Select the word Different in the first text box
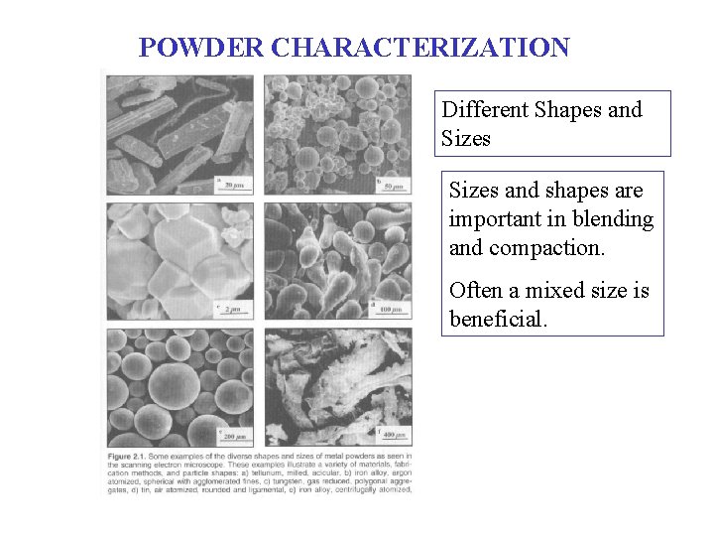(484, 109)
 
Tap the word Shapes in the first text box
(567, 109)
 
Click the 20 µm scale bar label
(234, 185)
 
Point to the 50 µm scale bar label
(395, 186)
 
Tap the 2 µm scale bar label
(235, 311)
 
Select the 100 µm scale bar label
(392, 311)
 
